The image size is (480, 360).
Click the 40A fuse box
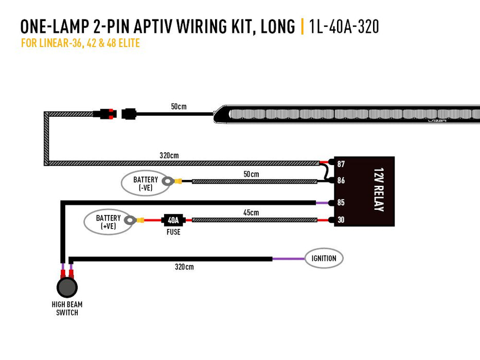173,220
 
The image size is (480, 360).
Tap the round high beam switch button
67,287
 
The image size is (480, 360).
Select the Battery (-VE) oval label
145,183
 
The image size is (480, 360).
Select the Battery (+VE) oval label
108,222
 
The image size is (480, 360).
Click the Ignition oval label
324,258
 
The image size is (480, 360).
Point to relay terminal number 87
341,164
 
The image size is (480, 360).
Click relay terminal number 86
341,181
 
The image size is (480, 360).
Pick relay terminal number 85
341,203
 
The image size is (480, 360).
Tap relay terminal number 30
341,220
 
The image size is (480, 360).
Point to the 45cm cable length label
251,212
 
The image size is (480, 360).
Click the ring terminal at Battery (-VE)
167,181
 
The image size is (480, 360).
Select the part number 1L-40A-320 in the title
344,27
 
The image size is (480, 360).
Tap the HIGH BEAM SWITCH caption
67,308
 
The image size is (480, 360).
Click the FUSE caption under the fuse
173,232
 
